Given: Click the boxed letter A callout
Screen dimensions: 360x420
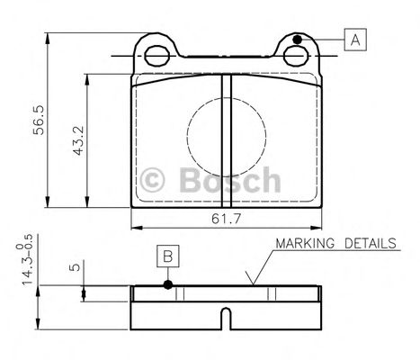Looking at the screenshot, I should coord(354,39).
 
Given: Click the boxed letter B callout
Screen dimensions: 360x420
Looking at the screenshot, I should coord(167,256).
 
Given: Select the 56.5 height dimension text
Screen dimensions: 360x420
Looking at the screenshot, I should coord(37,119).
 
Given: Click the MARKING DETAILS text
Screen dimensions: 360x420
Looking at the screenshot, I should coord(335,244).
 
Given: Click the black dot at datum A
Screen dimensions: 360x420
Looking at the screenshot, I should coord(297,39).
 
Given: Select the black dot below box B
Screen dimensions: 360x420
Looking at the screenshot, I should coord(167,286).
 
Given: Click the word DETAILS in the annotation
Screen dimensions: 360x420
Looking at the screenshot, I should coord(372,244).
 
